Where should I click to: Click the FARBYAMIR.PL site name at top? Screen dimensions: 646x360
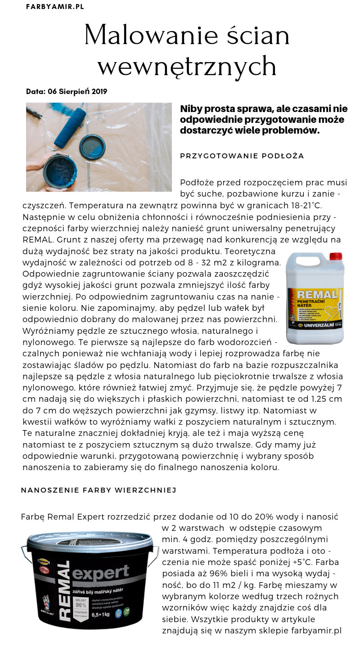click(55, 7)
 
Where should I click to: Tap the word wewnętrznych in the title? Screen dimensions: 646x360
click(187, 66)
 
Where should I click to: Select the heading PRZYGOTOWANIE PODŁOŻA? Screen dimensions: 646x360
click(242, 156)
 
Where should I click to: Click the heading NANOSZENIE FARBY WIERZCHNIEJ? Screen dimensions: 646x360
click(98, 490)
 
